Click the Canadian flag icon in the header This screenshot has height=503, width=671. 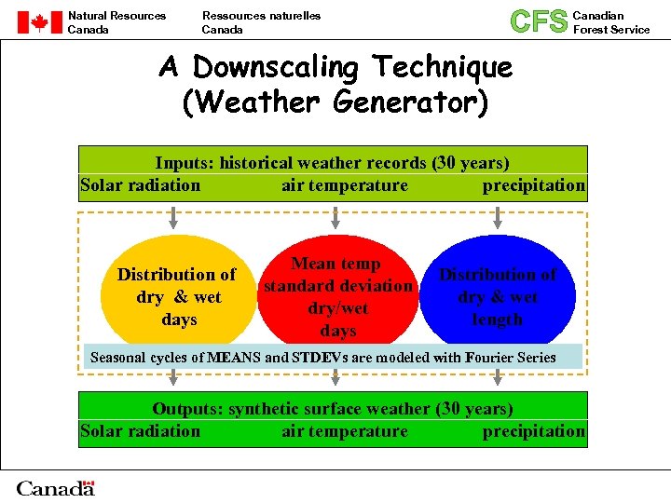(39, 22)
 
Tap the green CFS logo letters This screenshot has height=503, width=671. (539, 21)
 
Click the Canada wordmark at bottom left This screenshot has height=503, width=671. (56, 488)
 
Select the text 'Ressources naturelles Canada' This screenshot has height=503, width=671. (261, 22)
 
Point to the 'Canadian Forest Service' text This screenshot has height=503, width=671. (610, 22)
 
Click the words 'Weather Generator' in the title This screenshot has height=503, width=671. (335, 102)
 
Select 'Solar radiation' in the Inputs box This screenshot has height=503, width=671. (141, 185)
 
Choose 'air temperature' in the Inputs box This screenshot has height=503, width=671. (345, 185)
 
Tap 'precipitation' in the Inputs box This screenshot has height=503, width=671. (533, 185)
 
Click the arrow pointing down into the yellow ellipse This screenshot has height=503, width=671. (173, 219)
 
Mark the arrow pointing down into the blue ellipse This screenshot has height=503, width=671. (497, 219)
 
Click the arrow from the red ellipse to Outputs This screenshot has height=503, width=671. (335, 377)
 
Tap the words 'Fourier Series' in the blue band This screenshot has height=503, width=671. (512, 358)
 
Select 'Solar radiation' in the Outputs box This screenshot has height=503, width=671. (141, 431)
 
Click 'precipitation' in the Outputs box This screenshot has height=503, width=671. (533, 431)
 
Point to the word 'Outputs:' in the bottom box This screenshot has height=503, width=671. (187, 409)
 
